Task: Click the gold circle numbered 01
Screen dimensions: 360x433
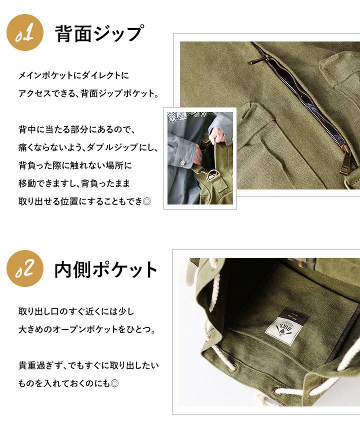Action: coord(25,32)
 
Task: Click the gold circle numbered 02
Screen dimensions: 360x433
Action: coord(25,268)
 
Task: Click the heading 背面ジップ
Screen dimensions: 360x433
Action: coord(99,33)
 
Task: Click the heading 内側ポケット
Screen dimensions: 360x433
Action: coord(105,270)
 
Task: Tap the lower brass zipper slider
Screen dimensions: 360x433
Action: coord(346,159)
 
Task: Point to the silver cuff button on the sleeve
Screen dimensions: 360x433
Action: coord(182,162)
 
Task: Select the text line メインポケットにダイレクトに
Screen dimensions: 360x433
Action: coord(73,75)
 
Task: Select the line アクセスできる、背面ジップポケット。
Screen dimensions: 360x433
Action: coord(89,93)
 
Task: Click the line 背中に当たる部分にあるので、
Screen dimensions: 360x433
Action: coord(77,129)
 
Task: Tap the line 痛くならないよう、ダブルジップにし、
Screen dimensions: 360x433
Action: coord(88,147)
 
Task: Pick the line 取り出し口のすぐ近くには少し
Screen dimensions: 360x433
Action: coord(76,311)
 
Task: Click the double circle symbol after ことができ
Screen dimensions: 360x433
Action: coord(147,201)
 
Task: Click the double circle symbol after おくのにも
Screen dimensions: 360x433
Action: coord(114,383)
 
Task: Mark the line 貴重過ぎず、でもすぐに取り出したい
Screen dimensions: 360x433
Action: coord(88,365)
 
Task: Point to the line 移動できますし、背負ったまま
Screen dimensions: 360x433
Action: coord(74,183)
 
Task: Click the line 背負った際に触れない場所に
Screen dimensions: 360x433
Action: coord(75,165)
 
